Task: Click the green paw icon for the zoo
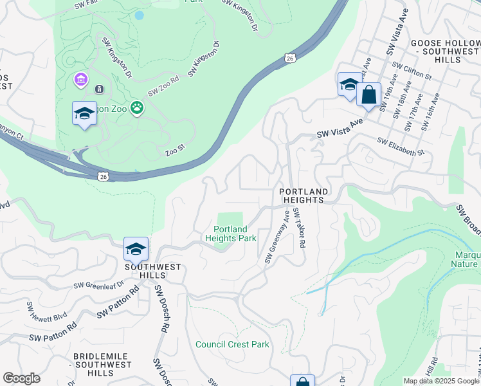[x=137, y=107]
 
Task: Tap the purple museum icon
[x=81, y=80]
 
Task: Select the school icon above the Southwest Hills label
[x=136, y=249]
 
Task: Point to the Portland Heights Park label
[x=230, y=234]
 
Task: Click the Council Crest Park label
[x=232, y=345]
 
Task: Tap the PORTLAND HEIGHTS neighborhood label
[x=304, y=196]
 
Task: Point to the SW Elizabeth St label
[x=401, y=148]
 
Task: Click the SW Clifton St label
[x=412, y=71]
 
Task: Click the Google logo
[x=21, y=378]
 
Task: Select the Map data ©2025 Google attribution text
[x=440, y=381]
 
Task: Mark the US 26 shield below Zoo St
[x=103, y=175]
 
